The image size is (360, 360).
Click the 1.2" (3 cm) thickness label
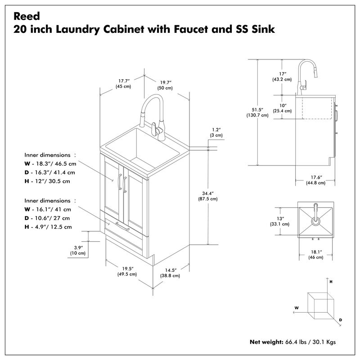(x=216, y=132)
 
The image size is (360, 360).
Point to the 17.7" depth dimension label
(x=123, y=83)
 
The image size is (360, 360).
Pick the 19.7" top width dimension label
(x=165, y=85)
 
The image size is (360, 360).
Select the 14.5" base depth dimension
(x=170, y=273)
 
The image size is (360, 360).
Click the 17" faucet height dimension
(x=283, y=76)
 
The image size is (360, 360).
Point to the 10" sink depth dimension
(x=282, y=108)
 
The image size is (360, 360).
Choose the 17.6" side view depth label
(x=315, y=180)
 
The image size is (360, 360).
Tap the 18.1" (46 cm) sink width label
(x=315, y=254)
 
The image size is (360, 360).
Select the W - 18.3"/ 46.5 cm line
(x=50, y=164)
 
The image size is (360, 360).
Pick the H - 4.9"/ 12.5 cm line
(x=48, y=227)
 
